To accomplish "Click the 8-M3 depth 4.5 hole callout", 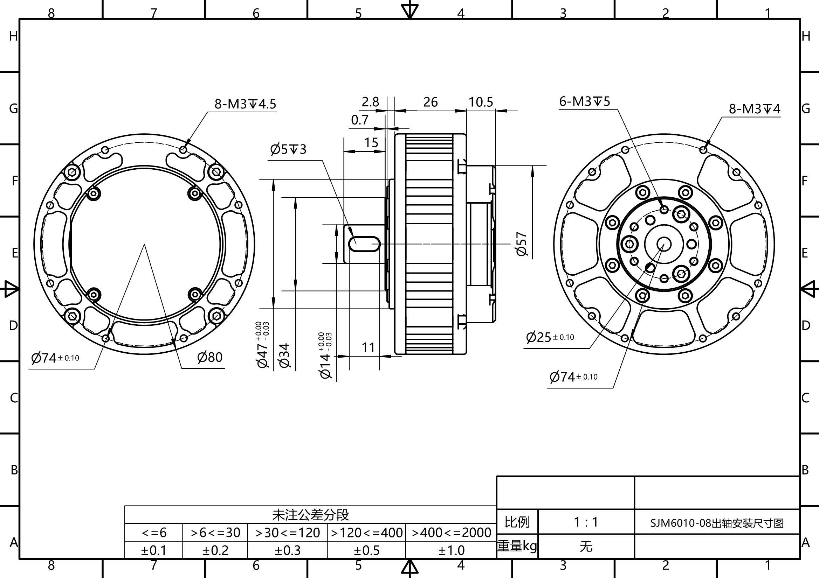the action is coord(245,104).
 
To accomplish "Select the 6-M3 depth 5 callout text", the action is coord(585,101).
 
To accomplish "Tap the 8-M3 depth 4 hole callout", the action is coord(755,109).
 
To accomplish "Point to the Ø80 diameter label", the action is coord(210,357).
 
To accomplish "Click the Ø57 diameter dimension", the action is coord(522,244).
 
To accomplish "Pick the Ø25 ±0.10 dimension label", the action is coord(550,337).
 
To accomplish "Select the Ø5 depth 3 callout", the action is coord(288,149).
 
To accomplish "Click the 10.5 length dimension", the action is coord(481,102).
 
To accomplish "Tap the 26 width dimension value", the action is coord(431,102).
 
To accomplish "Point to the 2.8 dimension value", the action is coord(370,102).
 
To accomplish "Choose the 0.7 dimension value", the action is coord(359,120).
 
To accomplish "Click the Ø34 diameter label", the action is coord(285,355).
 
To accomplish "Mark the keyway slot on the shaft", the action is coord(364,244).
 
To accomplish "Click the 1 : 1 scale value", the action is coord(586,522).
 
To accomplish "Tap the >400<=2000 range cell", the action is coord(451,533).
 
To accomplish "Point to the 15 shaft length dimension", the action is coord(371,143).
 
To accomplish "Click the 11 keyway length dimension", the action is coord(369,347).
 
